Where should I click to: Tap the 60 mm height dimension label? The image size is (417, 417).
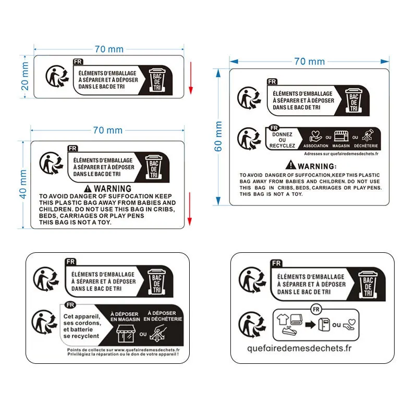[x=218, y=137]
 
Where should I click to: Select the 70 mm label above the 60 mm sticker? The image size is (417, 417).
[x=309, y=62]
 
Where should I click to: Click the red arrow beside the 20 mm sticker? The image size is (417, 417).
[x=191, y=78]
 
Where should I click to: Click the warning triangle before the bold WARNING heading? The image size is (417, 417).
[x=88, y=188]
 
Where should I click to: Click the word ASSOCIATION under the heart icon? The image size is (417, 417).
[x=316, y=146]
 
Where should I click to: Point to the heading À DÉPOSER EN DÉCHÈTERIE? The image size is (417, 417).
[x=162, y=316]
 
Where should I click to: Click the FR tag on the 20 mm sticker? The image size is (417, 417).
[x=78, y=62]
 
